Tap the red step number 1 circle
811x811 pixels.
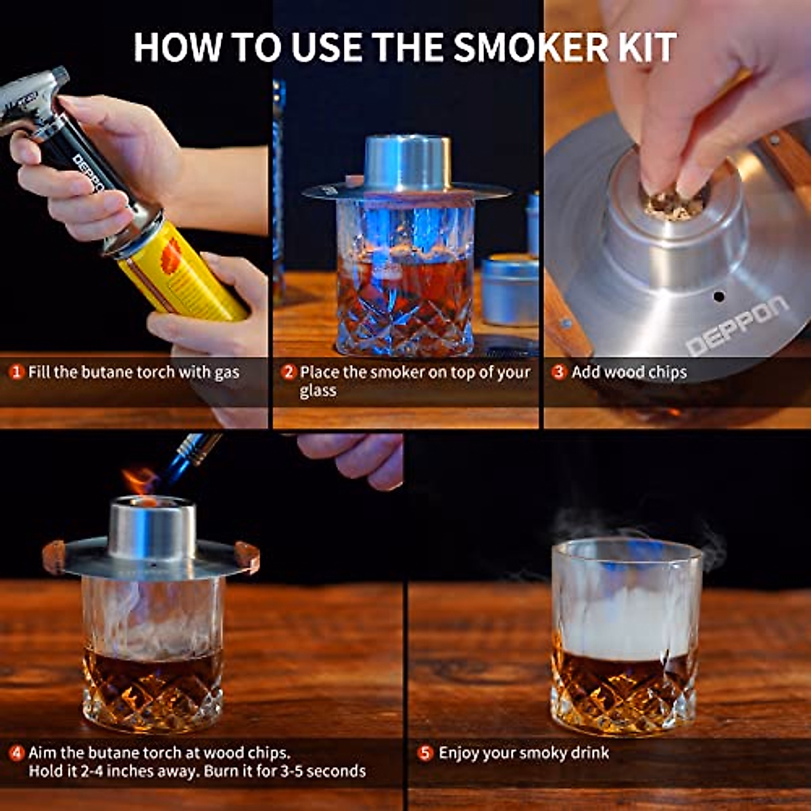pos(16,372)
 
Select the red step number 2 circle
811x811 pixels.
pos(289,372)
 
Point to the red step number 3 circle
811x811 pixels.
pos(558,372)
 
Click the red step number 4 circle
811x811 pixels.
pos(16,753)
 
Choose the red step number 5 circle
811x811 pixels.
pos(424,753)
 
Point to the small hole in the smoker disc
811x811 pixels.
pos(719,296)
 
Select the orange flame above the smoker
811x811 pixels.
pos(140,481)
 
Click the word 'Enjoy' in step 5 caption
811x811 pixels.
pos(458,753)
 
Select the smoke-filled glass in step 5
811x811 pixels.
pos(626,635)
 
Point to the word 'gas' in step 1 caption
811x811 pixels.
pos(227,373)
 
